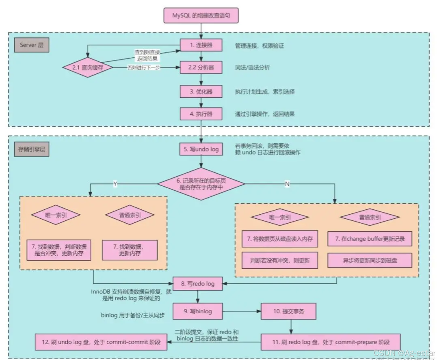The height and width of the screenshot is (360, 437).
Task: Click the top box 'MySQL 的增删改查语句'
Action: tap(201, 15)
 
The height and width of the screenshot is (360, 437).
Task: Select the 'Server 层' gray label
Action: tap(32, 45)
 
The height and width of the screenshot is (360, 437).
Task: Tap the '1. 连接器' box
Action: tap(201, 45)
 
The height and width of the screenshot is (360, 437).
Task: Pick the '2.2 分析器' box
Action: tap(201, 68)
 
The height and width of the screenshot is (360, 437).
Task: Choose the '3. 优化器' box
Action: tap(201, 91)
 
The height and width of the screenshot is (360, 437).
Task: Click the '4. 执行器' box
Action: tap(201, 114)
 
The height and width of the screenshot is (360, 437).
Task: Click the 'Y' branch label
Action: tap(115, 184)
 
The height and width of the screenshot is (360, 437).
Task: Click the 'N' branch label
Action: tap(288, 184)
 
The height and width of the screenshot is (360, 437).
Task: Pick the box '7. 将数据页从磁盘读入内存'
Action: tap(280, 239)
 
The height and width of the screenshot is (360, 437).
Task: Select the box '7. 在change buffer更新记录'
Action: tap(370, 239)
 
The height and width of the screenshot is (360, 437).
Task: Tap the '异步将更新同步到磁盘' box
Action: tap(370, 261)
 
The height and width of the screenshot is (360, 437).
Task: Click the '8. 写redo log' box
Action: tap(198, 284)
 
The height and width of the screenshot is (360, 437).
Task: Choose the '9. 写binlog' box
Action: tap(198, 311)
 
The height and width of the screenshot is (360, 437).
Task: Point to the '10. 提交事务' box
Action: tap(288, 311)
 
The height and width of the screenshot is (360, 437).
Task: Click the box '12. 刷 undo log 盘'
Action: tap(100, 342)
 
